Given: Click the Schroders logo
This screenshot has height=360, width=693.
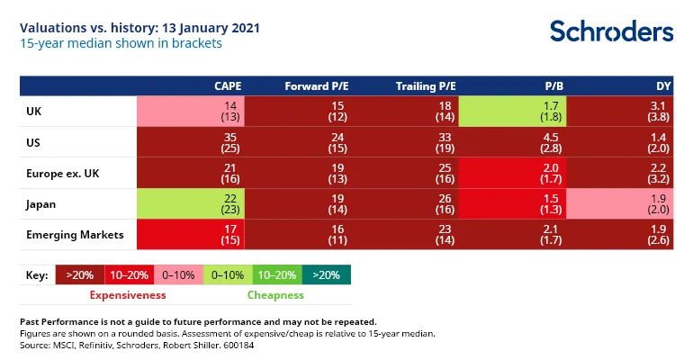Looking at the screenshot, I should click(611, 31).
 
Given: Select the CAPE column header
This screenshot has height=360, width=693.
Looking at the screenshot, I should click(228, 86).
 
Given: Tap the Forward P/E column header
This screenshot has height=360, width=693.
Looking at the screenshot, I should click(316, 86).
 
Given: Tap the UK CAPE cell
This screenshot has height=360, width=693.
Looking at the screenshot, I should click(190, 112).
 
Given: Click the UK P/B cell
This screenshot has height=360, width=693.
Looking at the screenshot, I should click(511, 112).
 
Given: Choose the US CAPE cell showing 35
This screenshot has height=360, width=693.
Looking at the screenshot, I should click(190, 142).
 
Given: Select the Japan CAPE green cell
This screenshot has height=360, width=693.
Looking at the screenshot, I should click(190, 203).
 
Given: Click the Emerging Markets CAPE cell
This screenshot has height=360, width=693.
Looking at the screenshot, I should click(190, 234).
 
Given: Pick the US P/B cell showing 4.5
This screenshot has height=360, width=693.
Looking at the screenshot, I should click(511, 142).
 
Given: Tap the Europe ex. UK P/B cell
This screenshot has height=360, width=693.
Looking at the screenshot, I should click(511, 173).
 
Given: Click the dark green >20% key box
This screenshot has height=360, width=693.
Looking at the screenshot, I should click(327, 274).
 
